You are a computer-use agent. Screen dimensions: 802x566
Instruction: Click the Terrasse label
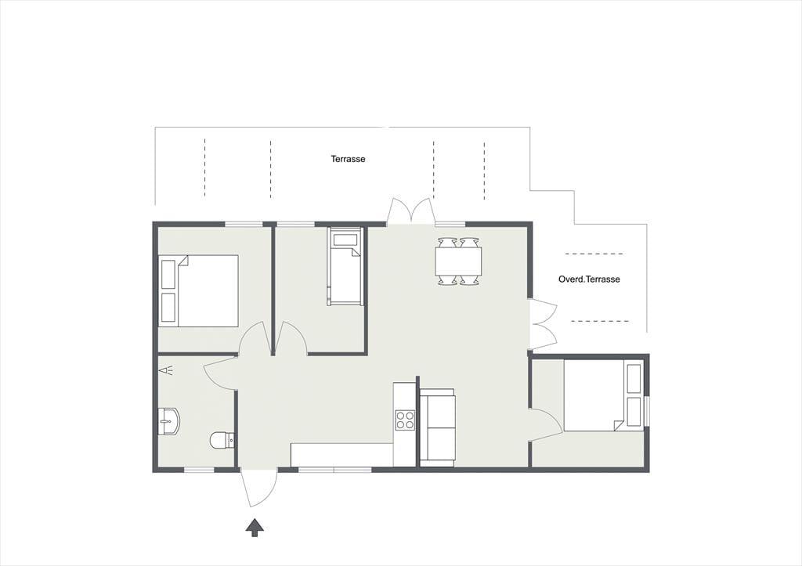(x=348, y=159)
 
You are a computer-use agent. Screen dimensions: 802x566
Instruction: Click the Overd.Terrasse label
(x=589, y=279)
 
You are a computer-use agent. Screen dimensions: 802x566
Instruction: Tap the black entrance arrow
(x=255, y=528)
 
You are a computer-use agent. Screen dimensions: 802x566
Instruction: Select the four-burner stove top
(x=405, y=420)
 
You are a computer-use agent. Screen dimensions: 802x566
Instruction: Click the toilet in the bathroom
(x=222, y=440)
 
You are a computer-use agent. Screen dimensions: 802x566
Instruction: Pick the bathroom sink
(x=168, y=422)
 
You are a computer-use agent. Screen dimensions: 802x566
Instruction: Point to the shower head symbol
(x=166, y=370)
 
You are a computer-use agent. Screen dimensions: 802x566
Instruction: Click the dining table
(x=458, y=261)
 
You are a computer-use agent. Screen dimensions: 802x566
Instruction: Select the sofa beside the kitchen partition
(x=437, y=427)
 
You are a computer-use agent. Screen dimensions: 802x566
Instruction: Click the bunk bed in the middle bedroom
(x=345, y=266)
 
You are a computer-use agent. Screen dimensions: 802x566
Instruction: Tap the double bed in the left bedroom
(x=198, y=290)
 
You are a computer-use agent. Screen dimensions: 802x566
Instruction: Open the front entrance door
(x=258, y=488)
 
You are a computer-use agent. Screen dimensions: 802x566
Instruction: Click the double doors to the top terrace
(x=411, y=211)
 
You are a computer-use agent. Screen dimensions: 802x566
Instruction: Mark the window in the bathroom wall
(x=199, y=470)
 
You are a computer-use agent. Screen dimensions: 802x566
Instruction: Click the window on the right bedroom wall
(x=647, y=411)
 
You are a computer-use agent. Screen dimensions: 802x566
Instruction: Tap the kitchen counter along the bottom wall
(x=342, y=455)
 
